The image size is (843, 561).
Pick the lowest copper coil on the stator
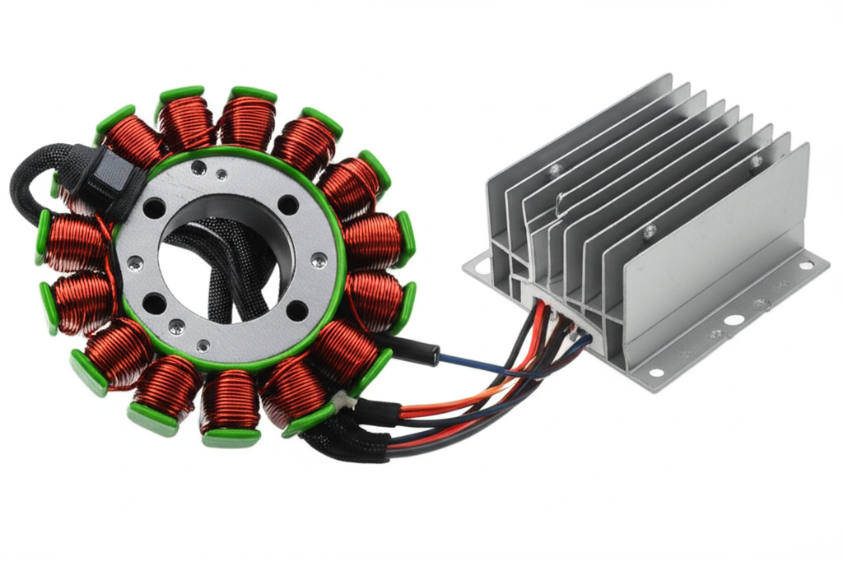(x=230, y=402)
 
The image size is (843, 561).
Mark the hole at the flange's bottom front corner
(x=655, y=372)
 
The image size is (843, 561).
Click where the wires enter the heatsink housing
(x=561, y=316)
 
